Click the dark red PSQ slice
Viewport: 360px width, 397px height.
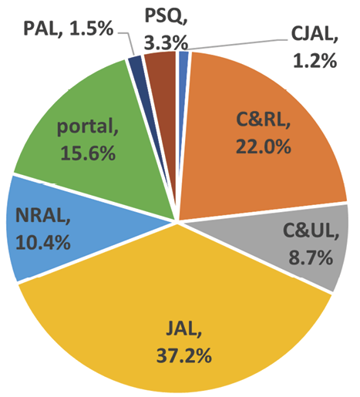tap(160, 66)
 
